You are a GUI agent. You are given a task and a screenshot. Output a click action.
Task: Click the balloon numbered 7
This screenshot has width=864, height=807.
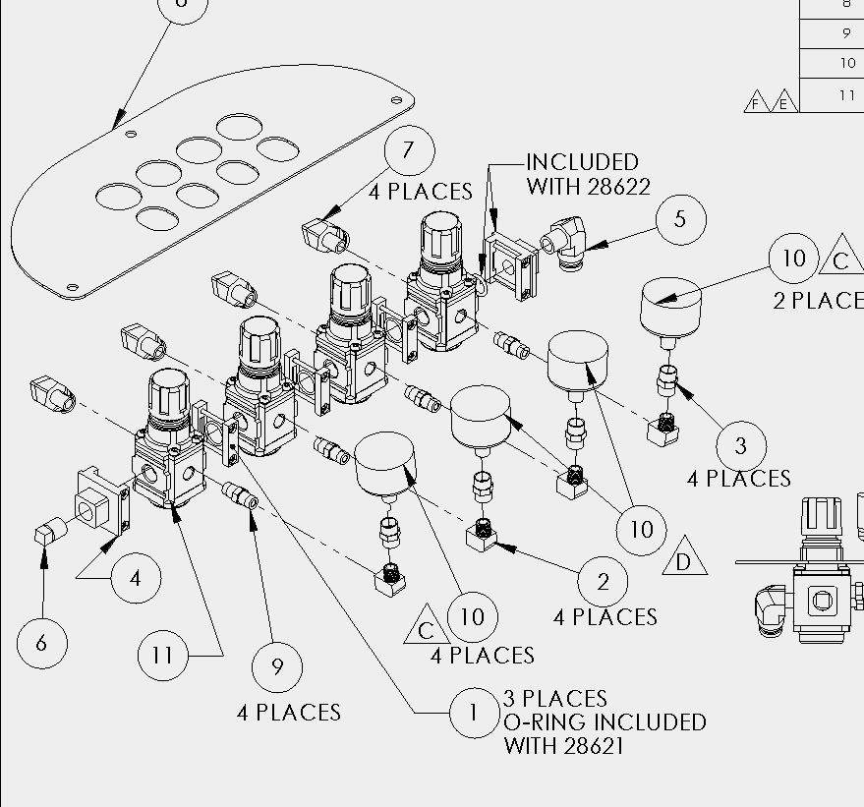tap(410, 150)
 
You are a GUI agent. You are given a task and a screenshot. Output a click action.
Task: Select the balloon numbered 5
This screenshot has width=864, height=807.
tap(681, 219)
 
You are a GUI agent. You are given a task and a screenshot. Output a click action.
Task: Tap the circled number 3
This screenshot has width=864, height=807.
tap(741, 446)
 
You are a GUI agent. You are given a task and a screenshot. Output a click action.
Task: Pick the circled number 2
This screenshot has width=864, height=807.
tap(603, 582)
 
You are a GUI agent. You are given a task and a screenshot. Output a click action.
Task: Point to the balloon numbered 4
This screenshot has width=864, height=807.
tap(136, 578)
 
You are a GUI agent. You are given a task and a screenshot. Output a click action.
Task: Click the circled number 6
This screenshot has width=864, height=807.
tap(42, 644)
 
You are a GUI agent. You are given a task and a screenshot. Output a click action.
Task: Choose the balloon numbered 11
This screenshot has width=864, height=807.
tap(162, 656)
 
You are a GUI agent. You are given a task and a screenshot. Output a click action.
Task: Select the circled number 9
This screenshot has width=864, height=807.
tap(276, 667)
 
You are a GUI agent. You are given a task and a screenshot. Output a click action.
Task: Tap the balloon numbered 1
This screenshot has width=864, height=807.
tap(475, 713)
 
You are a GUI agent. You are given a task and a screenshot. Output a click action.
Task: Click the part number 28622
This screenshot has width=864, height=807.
tap(619, 188)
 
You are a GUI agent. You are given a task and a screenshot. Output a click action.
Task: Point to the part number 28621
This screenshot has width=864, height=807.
tap(595, 746)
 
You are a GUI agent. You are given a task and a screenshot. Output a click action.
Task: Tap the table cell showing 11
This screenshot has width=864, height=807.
tap(832, 95)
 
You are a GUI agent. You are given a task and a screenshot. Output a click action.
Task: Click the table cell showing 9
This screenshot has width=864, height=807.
tap(832, 33)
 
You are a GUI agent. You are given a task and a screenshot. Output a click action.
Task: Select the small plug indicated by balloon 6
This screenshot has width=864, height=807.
tap(50, 532)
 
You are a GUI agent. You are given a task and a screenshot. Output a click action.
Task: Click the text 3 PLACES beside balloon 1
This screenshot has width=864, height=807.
tap(555, 699)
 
